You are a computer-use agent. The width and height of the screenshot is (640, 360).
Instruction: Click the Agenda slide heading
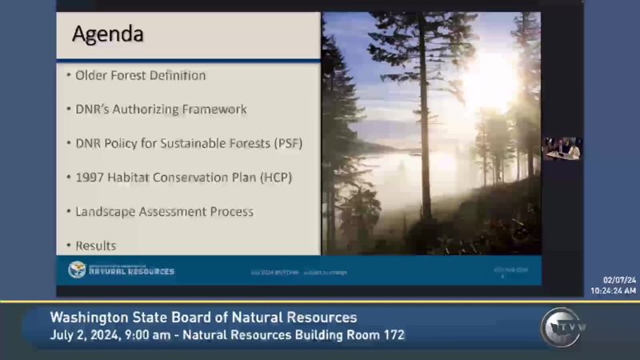coord(108,34)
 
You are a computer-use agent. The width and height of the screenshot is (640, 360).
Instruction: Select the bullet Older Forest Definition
coord(140,75)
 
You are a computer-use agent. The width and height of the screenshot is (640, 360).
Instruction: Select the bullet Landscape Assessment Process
coord(164,212)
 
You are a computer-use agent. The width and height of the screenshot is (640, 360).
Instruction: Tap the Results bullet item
coord(95,246)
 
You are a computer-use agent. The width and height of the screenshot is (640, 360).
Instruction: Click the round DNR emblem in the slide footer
coord(77,270)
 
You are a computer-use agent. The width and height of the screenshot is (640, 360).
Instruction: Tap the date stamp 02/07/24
coord(619,280)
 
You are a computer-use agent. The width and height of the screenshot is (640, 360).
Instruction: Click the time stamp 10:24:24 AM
coord(613,290)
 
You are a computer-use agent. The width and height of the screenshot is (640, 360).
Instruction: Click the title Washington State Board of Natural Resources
coord(203,318)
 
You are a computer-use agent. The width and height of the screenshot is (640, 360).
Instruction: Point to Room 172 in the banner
coord(378,334)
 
